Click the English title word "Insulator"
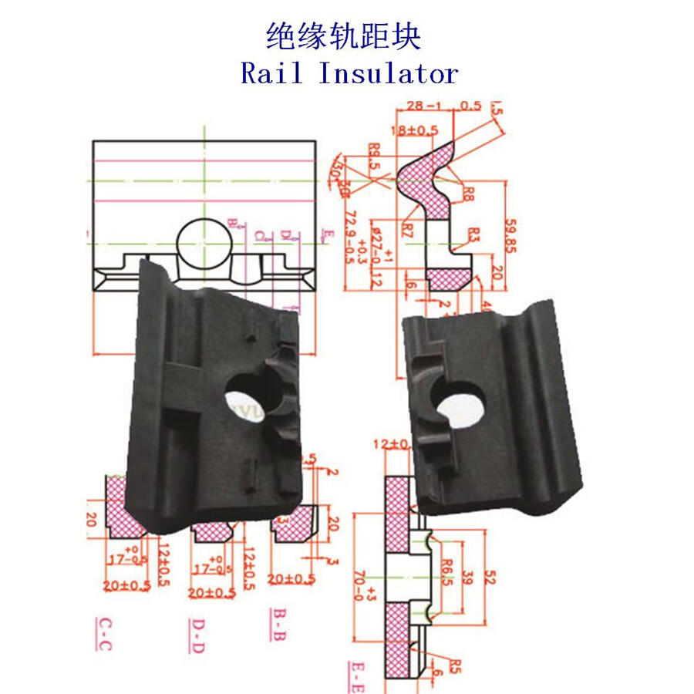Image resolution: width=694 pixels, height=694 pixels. click(388, 73)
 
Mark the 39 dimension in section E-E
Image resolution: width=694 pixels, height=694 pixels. click(467, 576)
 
